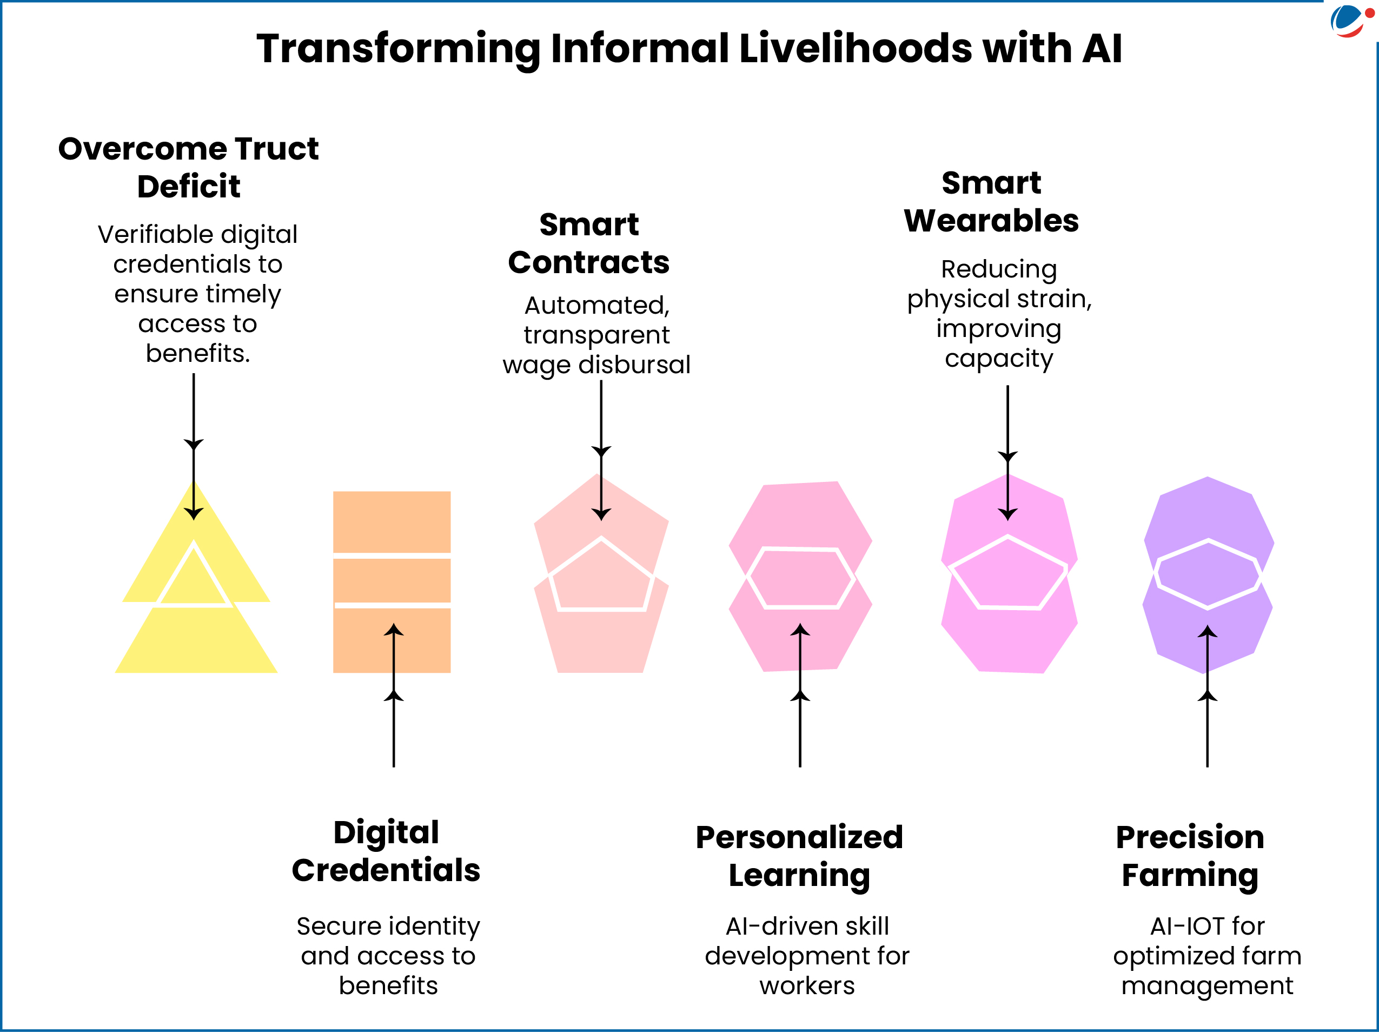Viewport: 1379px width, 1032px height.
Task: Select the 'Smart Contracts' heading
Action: [x=588, y=243]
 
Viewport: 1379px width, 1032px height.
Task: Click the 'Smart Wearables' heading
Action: [x=991, y=202]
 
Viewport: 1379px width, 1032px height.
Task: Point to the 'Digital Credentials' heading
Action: [x=386, y=851]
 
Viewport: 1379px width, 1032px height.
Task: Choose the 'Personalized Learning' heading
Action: [x=799, y=856]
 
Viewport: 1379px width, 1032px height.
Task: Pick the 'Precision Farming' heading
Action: [x=1190, y=856]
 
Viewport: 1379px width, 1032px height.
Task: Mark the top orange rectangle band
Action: [x=392, y=521]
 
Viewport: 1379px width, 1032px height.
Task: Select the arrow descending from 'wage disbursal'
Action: [x=601, y=436]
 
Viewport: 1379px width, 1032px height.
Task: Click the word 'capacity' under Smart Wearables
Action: [x=999, y=359]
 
